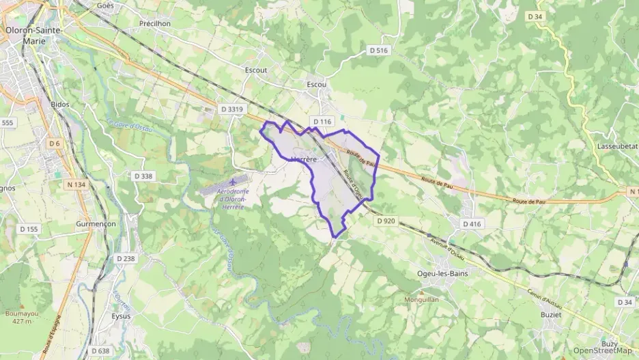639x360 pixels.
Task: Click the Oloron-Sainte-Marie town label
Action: (x=33, y=35)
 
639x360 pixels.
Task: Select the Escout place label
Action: (x=256, y=70)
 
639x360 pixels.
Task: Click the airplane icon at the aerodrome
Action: (x=234, y=182)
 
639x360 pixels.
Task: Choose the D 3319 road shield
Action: (x=232, y=109)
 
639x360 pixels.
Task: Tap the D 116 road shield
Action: (x=322, y=122)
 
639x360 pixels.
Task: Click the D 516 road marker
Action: (x=378, y=51)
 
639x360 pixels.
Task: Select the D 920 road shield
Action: (x=385, y=221)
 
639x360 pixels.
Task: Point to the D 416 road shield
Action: (x=472, y=223)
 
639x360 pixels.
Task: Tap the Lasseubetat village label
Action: (x=616, y=147)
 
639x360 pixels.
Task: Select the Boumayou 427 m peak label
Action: (x=19, y=317)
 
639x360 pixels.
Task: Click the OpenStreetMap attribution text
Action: (x=602, y=350)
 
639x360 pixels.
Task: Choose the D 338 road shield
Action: (x=144, y=176)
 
